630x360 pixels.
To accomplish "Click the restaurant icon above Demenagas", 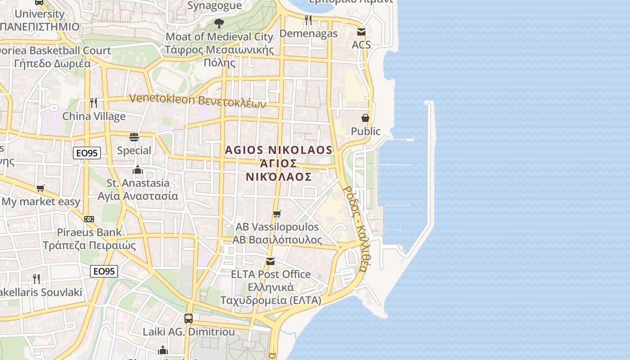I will coord(308,20).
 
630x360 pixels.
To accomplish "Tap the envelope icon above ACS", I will coord(361,32).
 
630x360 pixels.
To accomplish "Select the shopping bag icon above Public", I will coord(365,118).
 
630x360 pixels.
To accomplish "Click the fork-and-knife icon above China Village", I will coord(94,103).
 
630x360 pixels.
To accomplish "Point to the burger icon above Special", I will coord(134,137).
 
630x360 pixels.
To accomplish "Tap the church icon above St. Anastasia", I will coord(138,170).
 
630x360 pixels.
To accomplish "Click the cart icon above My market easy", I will coord(40,188).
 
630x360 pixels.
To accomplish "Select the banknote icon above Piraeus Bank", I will coord(89,219).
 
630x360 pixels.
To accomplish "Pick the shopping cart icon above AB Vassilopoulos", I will coord(277,214).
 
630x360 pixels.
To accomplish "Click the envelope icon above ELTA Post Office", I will coord(270,261).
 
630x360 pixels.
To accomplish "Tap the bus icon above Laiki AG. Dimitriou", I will coord(189,319).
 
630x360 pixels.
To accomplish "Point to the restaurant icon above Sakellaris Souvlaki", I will coord(36,279).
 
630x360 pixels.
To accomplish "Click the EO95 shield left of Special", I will coord(87,153).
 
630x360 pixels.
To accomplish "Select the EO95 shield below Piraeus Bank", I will coord(104,271).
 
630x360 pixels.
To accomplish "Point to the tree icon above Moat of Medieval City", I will coord(219,23).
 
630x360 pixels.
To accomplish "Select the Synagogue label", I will coord(214,6).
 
